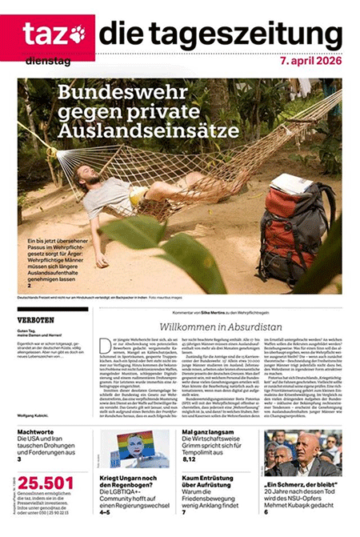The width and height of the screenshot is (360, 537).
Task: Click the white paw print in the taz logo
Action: (x=77, y=34)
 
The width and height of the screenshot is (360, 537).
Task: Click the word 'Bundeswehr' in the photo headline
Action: (x=121, y=93)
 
